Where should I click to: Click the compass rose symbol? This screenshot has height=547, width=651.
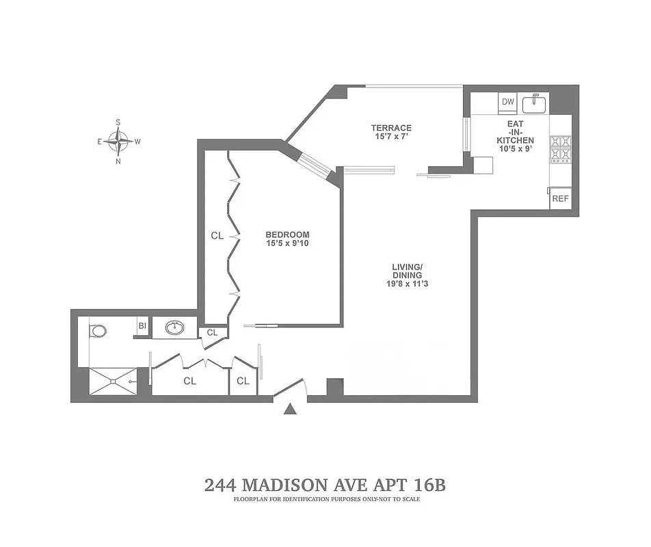point(119,142)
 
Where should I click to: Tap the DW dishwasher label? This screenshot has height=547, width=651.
point(507,103)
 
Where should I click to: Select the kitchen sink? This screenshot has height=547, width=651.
point(534,104)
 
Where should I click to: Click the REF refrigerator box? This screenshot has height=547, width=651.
point(560,199)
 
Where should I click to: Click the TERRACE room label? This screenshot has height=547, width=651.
point(391,128)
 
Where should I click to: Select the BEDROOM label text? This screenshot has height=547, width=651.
point(287,235)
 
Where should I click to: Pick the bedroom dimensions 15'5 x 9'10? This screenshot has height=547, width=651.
point(287,243)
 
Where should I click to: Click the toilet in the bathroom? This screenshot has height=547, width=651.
point(98,331)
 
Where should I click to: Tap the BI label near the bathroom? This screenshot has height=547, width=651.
point(142,326)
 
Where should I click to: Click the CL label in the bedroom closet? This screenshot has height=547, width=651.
point(217,236)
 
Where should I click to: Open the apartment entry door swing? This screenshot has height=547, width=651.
point(290,387)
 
